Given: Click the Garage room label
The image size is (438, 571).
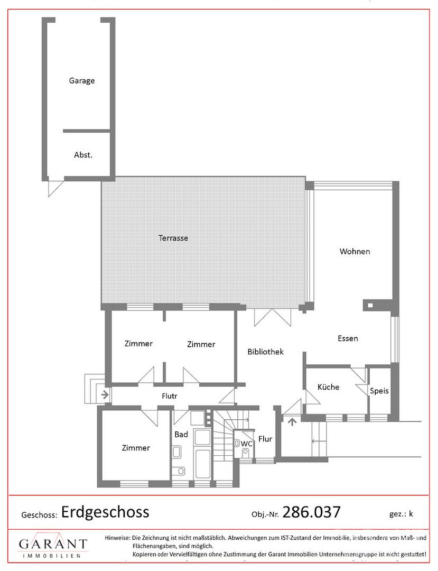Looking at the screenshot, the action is coord(82,81).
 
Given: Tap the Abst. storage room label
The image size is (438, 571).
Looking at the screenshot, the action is coord(83,155).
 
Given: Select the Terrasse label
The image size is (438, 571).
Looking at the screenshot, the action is coord(173,238).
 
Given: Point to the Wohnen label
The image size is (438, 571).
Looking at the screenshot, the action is coord(355,251).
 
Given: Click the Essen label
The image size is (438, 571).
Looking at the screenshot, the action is coord(348,338).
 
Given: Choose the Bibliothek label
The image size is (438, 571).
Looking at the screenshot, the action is coord(266,352).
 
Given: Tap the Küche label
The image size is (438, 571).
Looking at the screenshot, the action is coord(329,387).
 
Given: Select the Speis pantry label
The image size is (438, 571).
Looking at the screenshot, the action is coord(379,391).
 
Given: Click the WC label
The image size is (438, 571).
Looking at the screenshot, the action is coord(247,444).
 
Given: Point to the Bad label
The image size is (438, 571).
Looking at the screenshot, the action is coord(181,435).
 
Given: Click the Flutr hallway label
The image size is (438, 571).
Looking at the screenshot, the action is coord(170,396).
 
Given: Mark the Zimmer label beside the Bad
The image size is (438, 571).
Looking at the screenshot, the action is coord(136,448).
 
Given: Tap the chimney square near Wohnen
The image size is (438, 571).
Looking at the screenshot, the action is coord(370,306).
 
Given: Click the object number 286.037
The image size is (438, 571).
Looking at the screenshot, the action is coord(311,512).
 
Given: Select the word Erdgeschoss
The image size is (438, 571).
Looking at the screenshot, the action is coord(105,512).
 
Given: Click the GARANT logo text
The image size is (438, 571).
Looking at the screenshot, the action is coord(53,545).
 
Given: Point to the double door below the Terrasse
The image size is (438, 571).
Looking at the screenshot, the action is coord(273,318).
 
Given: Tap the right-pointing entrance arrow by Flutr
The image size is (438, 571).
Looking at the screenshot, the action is coord(105,394).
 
